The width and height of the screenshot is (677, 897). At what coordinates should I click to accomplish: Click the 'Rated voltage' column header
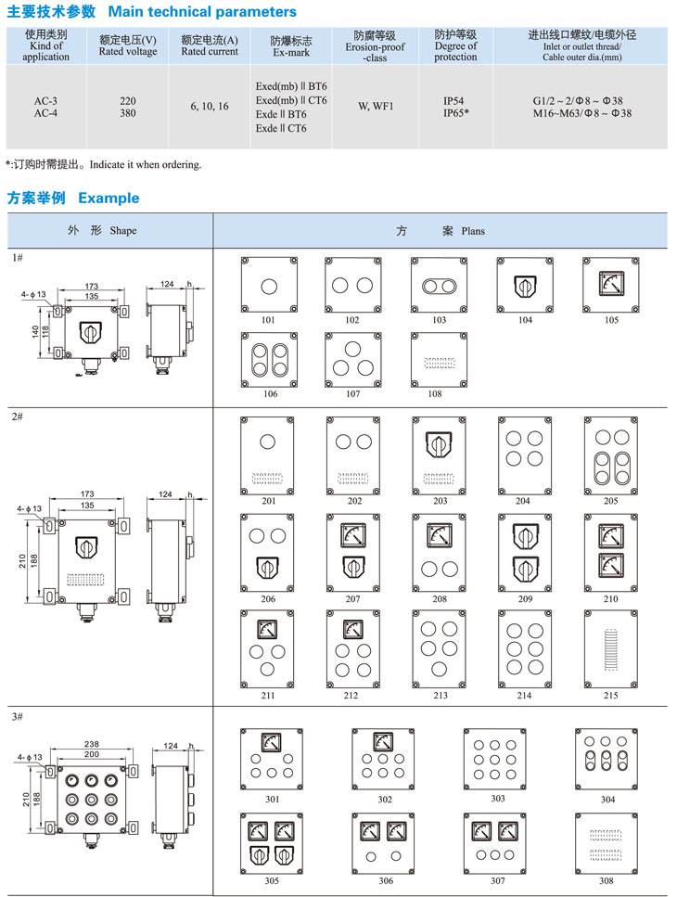coord(128,45)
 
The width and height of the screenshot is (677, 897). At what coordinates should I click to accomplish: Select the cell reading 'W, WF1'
coord(376,106)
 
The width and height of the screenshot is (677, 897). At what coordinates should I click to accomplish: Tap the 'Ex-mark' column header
coord(290,45)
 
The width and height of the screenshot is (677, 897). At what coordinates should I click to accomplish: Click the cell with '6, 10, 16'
coord(210,106)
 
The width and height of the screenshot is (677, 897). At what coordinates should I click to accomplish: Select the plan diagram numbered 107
coord(353,359)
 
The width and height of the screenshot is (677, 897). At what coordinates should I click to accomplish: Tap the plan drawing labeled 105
coord(610,284)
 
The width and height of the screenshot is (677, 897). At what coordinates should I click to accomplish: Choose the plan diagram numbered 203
coord(439,453)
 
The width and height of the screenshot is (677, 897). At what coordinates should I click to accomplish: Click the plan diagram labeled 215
coord(610,646)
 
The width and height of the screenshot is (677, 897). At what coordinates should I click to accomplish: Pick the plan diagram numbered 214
coord(525,646)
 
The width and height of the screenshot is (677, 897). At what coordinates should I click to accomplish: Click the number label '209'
coord(525,599)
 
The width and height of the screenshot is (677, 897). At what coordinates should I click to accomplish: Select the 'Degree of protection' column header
coord(455,45)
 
